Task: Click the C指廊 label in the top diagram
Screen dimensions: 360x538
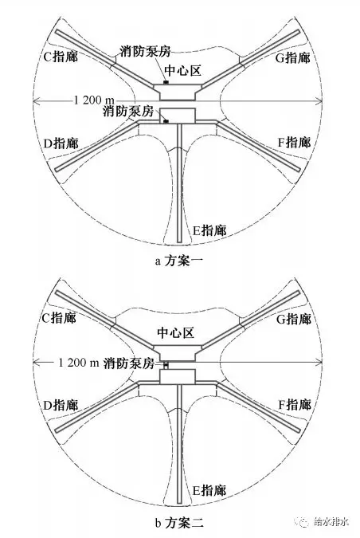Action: [x=61, y=57]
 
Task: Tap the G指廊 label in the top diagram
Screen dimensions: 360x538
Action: [x=293, y=57]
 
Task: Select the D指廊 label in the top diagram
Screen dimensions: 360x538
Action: [x=61, y=143]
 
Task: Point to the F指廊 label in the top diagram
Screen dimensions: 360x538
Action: [x=294, y=142]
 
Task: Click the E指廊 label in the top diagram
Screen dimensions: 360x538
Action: [x=209, y=230]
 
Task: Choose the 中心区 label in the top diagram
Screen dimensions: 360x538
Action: [x=182, y=70]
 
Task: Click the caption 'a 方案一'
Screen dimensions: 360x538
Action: [x=179, y=261]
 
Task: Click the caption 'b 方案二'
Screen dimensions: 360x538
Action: [x=179, y=523]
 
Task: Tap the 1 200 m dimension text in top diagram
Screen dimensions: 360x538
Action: [x=94, y=100]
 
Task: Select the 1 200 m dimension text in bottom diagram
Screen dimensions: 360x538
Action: [x=79, y=363]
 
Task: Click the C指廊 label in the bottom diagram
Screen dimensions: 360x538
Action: [x=59, y=318]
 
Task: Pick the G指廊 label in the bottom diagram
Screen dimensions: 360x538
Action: [x=293, y=319]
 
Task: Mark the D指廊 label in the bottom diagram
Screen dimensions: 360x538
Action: [x=61, y=405]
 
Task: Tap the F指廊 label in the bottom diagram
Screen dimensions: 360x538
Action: [x=295, y=405]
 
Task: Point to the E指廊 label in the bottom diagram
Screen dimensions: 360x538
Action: [x=209, y=490]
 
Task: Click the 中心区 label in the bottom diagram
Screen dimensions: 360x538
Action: [x=175, y=332]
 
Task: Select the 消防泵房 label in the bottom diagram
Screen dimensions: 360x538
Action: [x=129, y=363]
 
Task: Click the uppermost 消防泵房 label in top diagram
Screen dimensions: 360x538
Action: [x=145, y=51]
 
